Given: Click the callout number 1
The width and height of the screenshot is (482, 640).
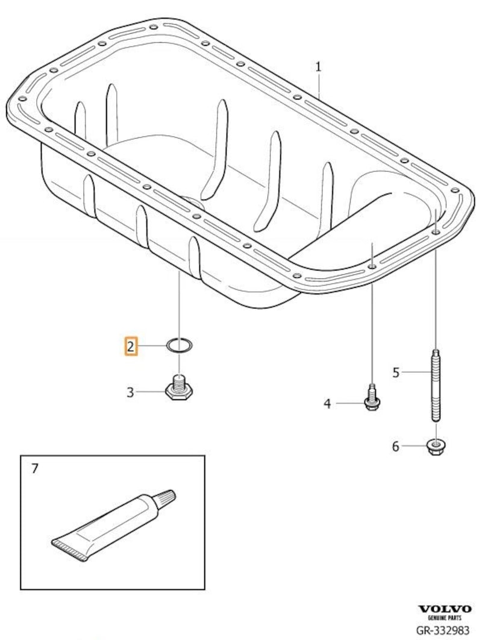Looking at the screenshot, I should click(x=318, y=67).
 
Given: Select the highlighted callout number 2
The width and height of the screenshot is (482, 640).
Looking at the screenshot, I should click(x=131, y=346).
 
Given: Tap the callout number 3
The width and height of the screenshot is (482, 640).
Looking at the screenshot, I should click(x=130, y=392).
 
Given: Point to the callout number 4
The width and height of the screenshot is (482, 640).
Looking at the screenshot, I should click(x=327, y=403).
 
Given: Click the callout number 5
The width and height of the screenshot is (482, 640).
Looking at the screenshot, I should click(x=396, y=372).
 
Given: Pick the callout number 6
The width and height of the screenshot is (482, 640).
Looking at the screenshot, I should click(x=396, y=446).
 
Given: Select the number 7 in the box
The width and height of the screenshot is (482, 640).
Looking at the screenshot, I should click(x=34, y=468).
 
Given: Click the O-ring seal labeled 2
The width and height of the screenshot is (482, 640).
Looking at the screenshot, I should click(x=179, y=346).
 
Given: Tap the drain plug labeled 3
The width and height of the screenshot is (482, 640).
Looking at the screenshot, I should click(x=178, y=389).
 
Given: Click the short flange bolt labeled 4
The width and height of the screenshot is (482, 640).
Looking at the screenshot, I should click(x=372, y=400).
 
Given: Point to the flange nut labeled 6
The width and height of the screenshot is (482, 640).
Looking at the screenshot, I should click(x=435, y=447).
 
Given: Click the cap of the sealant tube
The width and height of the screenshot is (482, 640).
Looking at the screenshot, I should click(x=165, y=498).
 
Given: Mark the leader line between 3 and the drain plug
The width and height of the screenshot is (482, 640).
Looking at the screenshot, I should click(x=150, y=392).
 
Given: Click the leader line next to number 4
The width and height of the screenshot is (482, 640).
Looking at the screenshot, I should click(x=348, y=403).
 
